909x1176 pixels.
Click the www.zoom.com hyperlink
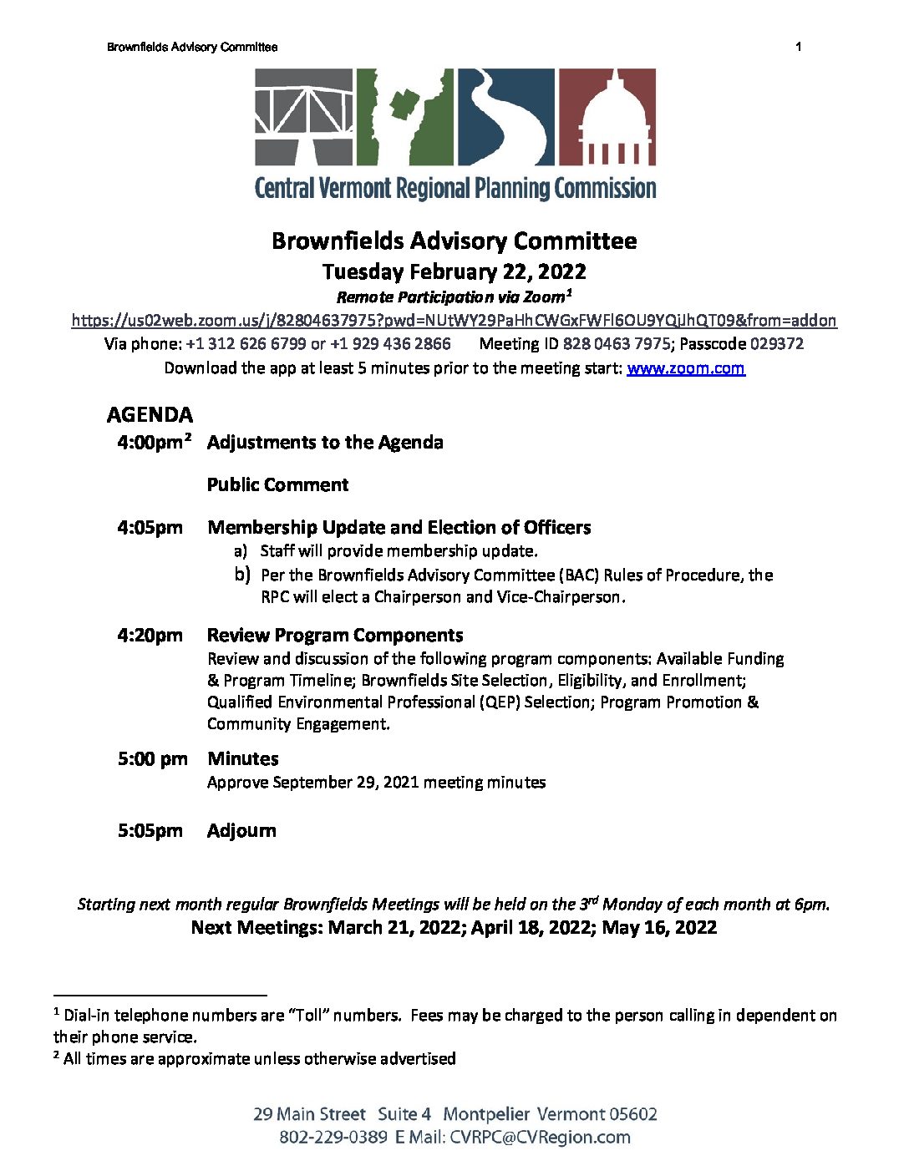pos(685,368)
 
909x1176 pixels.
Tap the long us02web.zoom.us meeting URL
pos(454,320)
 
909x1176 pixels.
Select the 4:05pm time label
pos(150,528)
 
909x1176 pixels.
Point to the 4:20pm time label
pos(150,636)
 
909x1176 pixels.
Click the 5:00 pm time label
pos(153,759)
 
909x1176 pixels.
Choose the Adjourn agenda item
pos(241,831)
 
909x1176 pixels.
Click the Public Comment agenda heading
pos(277,485)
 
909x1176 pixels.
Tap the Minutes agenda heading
pos(243,759)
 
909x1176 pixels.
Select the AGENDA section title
pos(150,415)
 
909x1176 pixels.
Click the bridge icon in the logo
pos(304,117)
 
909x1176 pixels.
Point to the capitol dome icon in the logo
pos(607,117)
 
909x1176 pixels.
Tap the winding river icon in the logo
pos(505,117)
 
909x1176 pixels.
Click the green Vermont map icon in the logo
pos(405,117)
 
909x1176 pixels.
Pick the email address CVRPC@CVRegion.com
pos(540,1138)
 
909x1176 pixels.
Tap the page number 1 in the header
pos(799,47)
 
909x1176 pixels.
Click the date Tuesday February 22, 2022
pos(454,272)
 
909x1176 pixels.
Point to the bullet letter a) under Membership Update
pos(241,551)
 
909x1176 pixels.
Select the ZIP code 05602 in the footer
pos(632,1114)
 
